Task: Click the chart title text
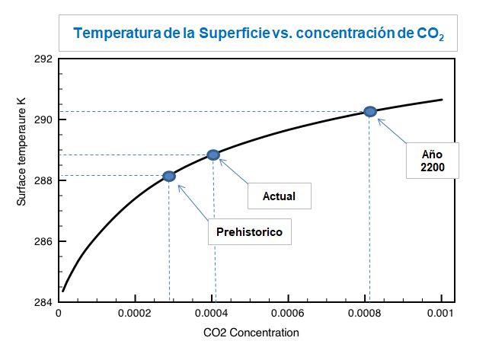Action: (257, 33)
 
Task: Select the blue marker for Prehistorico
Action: (169, 177)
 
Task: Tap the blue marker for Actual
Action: (213, 155)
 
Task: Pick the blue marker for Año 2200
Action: (370, 111)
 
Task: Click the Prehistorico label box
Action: (250, 231)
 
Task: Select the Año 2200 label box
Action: (432, 160)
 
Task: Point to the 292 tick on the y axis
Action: (43, 59)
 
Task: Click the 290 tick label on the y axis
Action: (43, 120)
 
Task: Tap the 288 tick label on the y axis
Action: (43, 181)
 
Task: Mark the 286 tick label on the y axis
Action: (43, 242)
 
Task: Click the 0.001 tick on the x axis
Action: (441, 314)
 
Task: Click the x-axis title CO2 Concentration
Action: (251, 333)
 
